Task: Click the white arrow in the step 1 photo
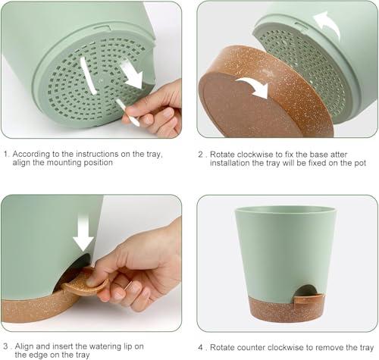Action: coord(133,75)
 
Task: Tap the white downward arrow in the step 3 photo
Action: coord(83,233)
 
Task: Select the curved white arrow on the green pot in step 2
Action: coord(328,24)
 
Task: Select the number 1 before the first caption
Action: coord(5,154)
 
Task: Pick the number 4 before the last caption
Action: coord(200,347)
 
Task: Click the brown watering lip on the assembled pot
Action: coord(309,299)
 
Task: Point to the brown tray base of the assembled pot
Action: coord(287,310)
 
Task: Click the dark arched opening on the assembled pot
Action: coord(305,290)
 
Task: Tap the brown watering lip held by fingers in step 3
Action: coord(85,284)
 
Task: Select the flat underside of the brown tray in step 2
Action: coord(250,105)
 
